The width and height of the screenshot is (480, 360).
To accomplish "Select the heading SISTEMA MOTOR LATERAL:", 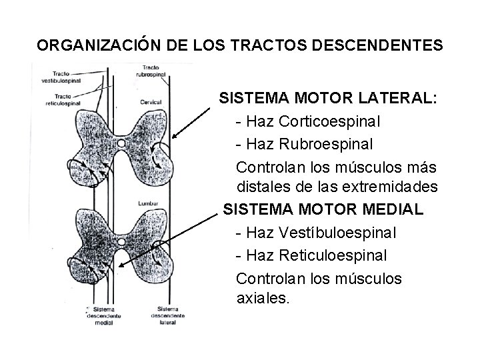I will click(x=329, y=99).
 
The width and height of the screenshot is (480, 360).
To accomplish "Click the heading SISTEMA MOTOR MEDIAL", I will click(x=323, y=209).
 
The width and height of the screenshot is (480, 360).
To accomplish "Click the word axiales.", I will click(x=263, y=298).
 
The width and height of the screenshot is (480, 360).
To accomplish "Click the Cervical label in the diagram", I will click(x=151, y=102).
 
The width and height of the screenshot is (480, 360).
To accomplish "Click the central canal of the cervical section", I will click(x=121, y=143).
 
